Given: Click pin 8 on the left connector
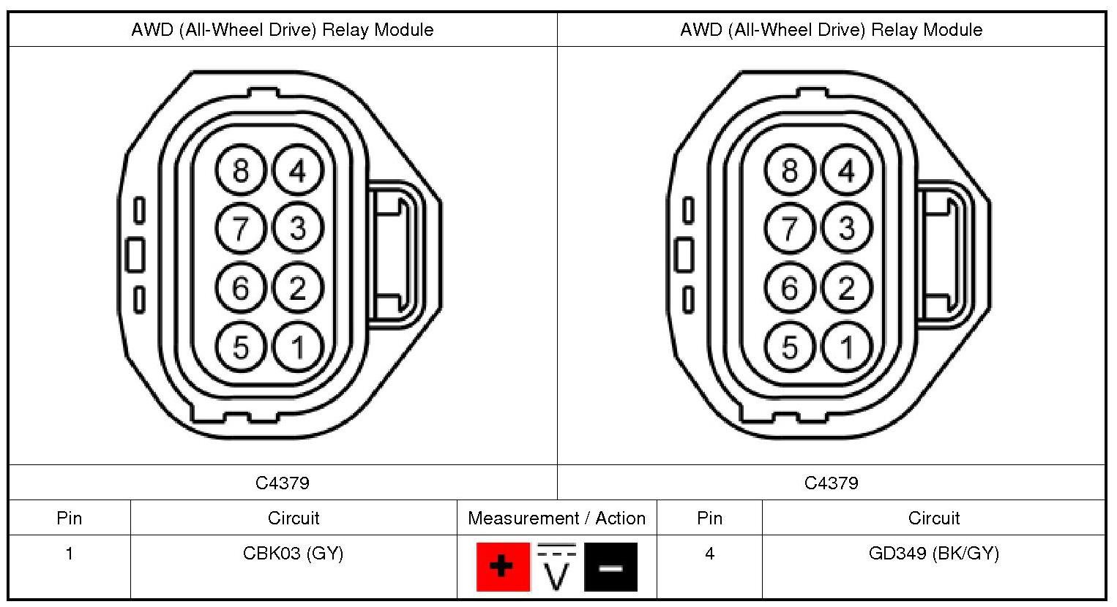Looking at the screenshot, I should coord(241,171).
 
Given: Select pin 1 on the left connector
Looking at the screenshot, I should coord(298,347).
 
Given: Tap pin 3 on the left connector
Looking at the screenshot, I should coord(298,229).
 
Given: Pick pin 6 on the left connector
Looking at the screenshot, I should coord(241,288).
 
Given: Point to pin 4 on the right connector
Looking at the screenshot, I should coord(847,171).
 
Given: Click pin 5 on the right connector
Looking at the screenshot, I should coord(790,347).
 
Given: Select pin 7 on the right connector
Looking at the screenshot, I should coord(790,229).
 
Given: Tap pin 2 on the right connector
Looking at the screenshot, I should coord(847,288).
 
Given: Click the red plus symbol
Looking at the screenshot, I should coord(502,566).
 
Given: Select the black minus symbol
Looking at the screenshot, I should coord(610,566).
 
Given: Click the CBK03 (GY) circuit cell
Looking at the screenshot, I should coord(293,554).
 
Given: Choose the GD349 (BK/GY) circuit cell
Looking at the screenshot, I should coord(933,554).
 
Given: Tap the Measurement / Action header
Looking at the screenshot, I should coord(556,519).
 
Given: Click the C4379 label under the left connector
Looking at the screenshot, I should coord(283,483).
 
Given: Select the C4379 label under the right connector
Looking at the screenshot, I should coord(831,483).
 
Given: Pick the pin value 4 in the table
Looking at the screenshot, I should coord(709,554).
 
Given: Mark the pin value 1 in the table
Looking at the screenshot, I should coord(70,554).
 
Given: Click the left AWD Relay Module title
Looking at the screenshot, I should coord(283,30).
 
